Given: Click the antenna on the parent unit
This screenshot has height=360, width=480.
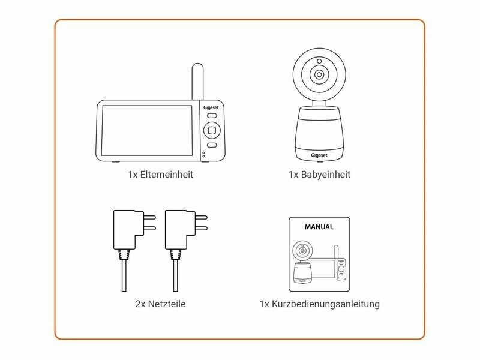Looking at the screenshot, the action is [197, 82].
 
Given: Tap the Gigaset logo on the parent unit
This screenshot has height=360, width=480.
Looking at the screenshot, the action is [211, 107].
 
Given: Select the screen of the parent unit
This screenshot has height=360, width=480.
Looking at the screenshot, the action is [147, 130].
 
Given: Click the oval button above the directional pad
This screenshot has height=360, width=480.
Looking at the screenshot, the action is [212, 116].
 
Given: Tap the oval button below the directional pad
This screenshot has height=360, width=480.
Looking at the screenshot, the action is [212, 145].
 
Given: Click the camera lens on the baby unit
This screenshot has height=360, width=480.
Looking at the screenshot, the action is [319, 74].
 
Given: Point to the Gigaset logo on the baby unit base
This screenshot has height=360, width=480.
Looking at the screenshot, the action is [319, 155].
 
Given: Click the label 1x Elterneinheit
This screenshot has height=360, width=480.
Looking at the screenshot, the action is [160, 175].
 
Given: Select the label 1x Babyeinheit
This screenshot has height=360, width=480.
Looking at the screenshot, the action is [319, 175].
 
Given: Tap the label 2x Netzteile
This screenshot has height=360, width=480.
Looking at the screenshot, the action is [160, 304].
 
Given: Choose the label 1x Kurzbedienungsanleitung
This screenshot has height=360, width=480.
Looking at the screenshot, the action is [319, 304].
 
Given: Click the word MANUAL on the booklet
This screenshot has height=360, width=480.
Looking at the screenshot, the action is [319, 227].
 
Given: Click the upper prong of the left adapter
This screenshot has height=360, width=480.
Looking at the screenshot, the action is [149, 217].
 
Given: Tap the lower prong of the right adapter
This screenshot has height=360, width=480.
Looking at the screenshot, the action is [202, 228].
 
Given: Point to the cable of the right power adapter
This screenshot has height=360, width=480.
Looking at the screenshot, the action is [175, 275].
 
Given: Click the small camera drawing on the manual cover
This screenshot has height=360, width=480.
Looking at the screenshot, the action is [302, 262].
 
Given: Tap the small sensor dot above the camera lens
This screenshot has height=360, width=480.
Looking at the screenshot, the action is [319, 61].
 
